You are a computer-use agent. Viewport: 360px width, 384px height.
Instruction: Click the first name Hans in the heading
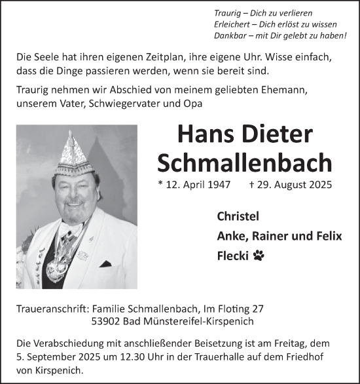coord(201,134)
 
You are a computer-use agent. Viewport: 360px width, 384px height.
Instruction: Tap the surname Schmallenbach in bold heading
coord(245,163)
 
